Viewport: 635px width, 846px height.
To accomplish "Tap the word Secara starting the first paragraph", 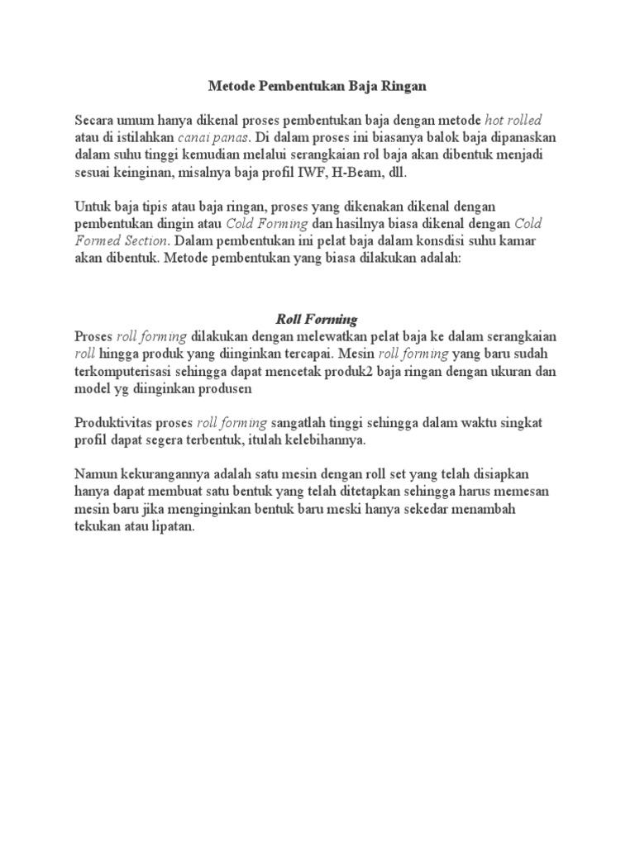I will (96, 120).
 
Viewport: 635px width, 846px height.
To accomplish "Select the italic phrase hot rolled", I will (513, 120).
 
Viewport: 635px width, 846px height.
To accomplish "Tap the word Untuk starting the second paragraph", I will (94, 206).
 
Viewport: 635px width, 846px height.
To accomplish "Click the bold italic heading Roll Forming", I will (317, 319).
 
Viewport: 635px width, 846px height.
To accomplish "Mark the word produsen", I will (224, 388).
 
